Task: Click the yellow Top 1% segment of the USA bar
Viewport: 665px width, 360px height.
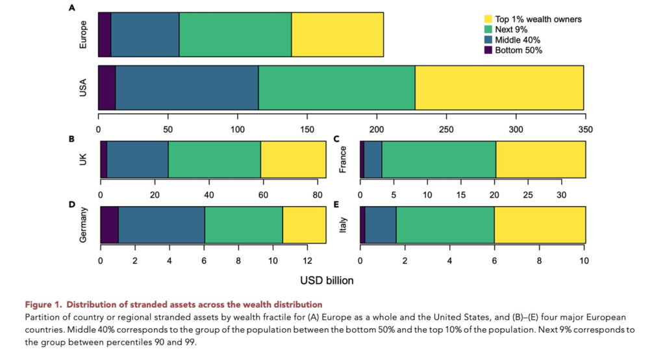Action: click(x=499, y=88)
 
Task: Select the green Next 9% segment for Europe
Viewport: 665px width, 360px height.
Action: click(x=235, y=34)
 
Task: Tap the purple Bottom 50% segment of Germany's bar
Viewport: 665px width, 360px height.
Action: click(x=109, y=225)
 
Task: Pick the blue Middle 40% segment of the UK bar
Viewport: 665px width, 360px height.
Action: click(x=138, y=159)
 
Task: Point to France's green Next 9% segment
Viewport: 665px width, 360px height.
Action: click(x=439, y=159)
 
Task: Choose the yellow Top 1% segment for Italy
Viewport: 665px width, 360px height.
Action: click(x=540, y=225)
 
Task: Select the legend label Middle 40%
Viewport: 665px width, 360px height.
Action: click(x=518, y=40)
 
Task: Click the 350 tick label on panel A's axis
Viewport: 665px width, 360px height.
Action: click(x=585, y=129)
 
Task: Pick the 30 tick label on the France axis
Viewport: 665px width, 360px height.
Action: click(x=561, y=195)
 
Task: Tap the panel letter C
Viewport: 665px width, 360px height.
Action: click(x=336, y=138)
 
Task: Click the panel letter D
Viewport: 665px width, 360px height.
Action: click(x=71, y=204)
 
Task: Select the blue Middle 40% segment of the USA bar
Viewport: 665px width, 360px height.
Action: click(x=187, y=88)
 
